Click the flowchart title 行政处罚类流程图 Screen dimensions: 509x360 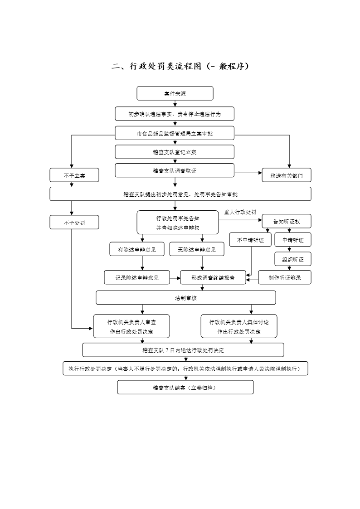tap(180, 67)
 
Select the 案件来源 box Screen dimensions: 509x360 tap(175, 94)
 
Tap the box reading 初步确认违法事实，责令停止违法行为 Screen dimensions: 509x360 tap(175, 114)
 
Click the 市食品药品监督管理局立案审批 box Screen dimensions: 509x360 tap(175, 133)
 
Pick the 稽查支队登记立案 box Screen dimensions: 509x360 tap(175, 152)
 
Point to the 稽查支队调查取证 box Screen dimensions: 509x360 tap(175, 170)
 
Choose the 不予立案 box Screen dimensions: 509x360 tap(74, 175)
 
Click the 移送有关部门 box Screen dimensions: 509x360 tap(287, 175)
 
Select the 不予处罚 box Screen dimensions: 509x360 tap(74, 222)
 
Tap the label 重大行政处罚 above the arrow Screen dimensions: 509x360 tap(240, 212)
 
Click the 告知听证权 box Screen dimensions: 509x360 tap(287, 221)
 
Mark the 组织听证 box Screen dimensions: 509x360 tap(293, 259)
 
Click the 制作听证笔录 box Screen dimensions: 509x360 tap(285, 277)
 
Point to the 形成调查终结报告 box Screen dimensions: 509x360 tap(213, 277)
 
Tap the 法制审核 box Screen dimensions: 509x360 tap(185, 298)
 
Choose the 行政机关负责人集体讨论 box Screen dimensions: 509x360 tap(238, 326)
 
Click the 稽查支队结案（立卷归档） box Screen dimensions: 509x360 tap(185, 388)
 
